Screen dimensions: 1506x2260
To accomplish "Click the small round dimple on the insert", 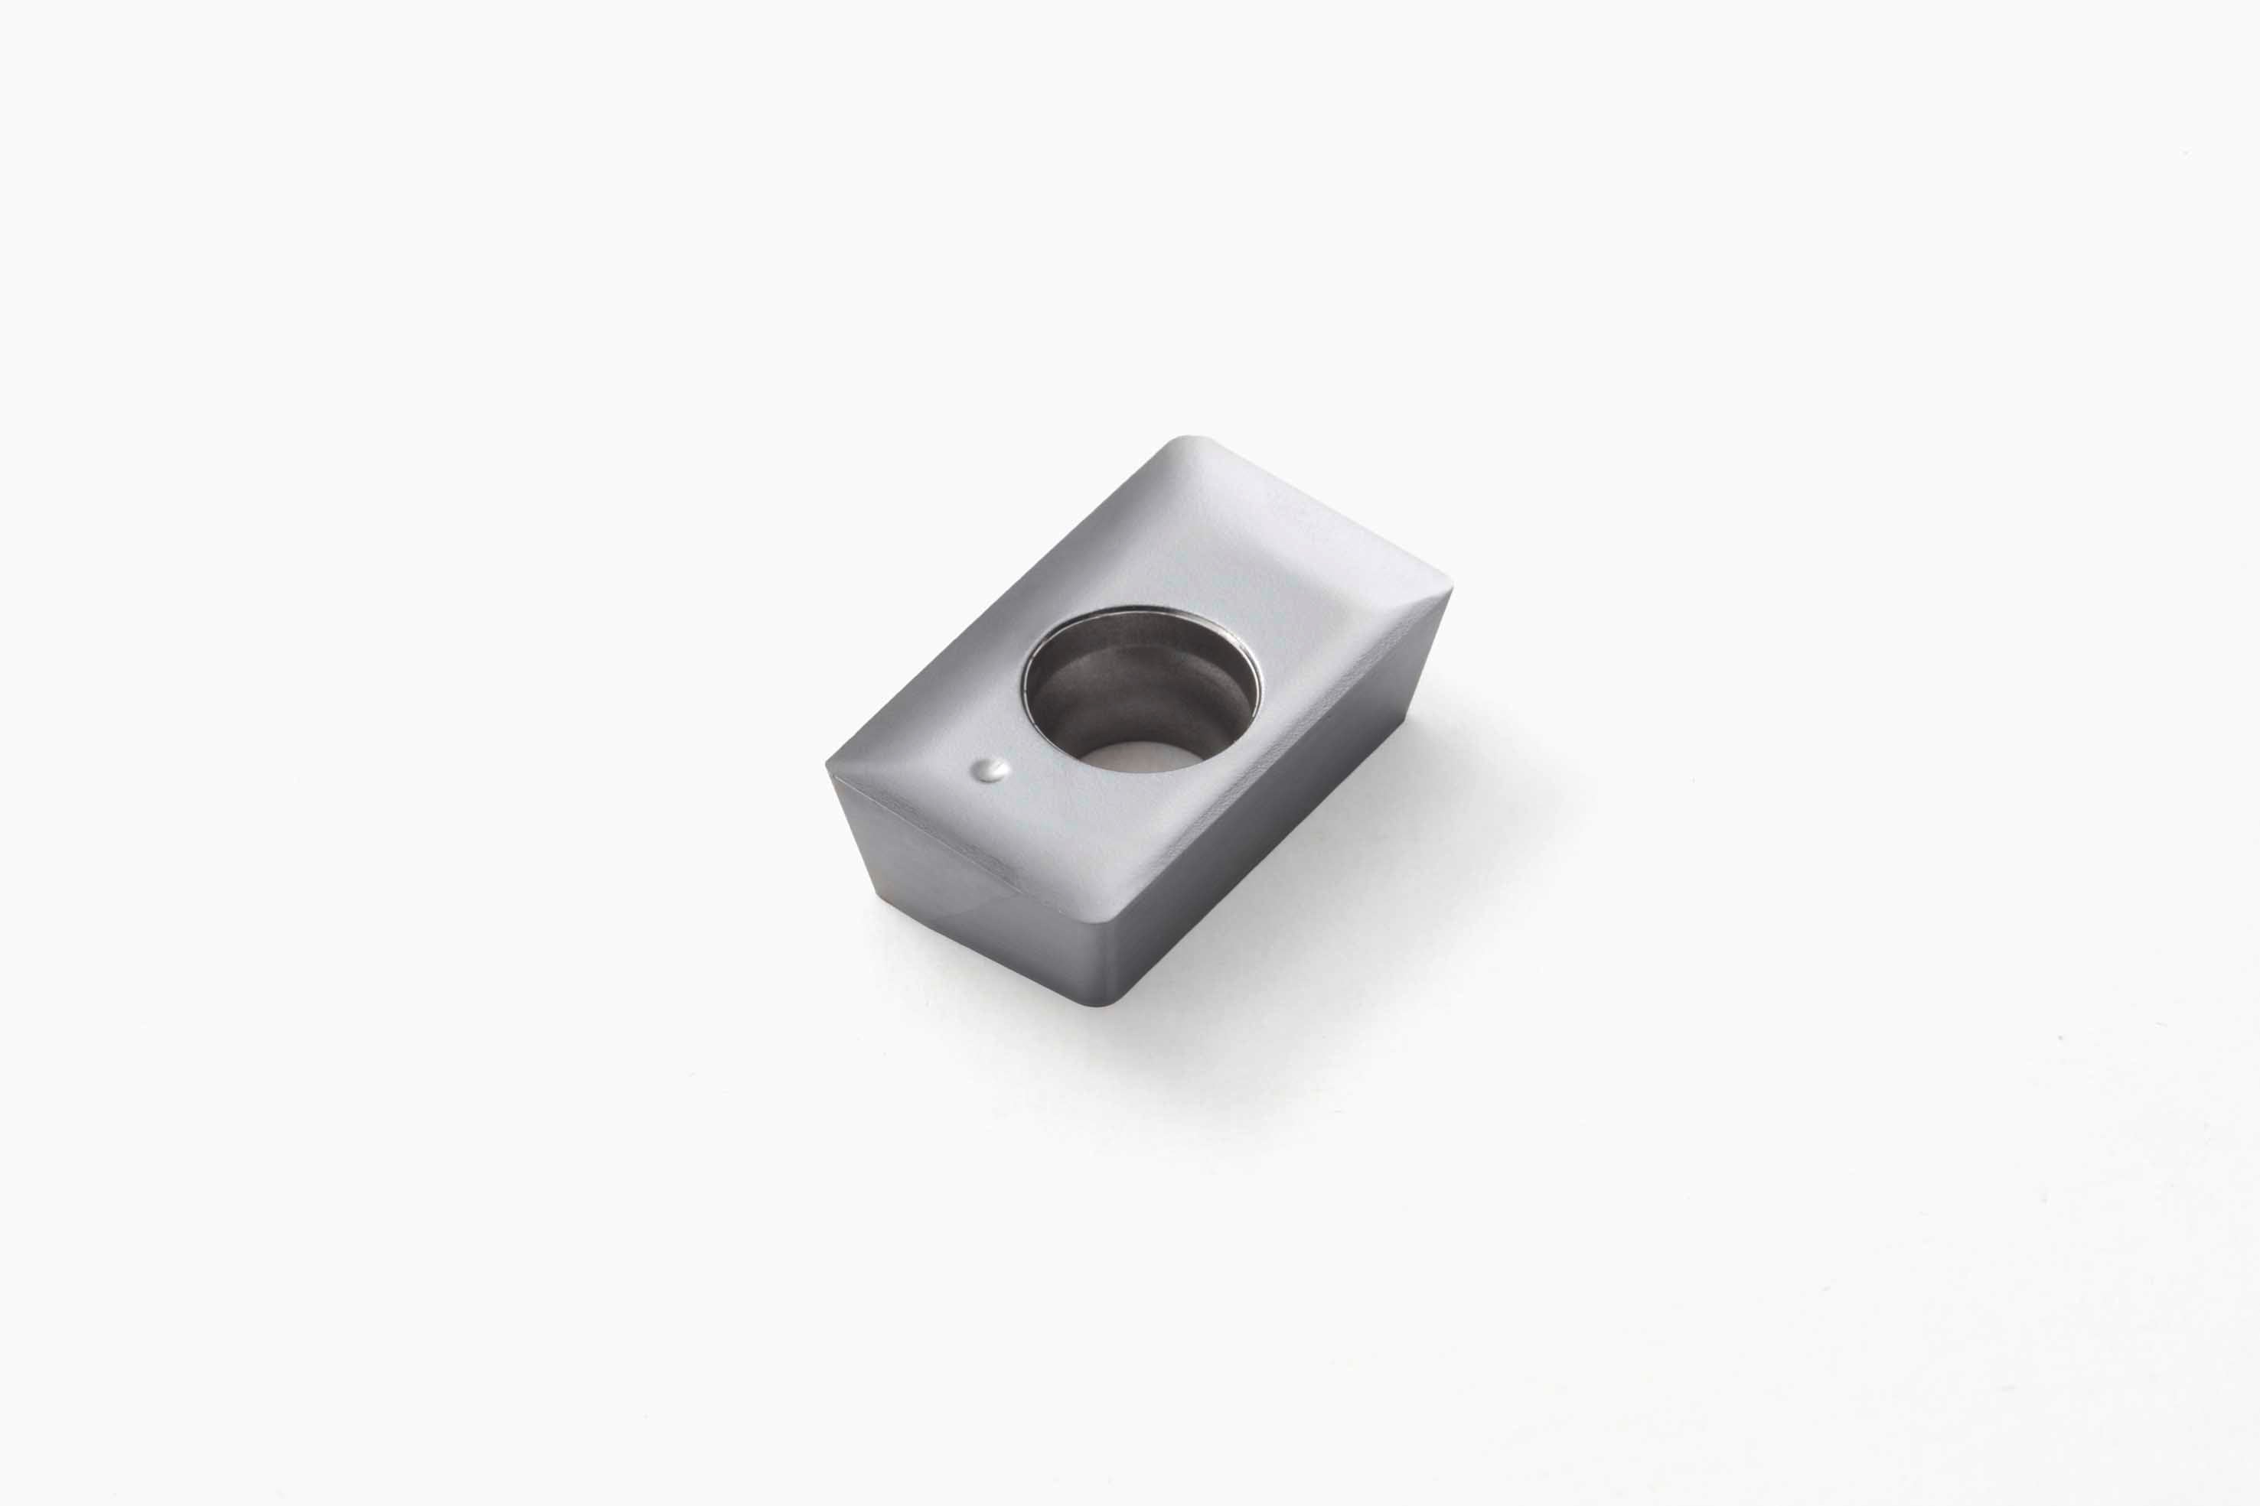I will click(x=990, y=769).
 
